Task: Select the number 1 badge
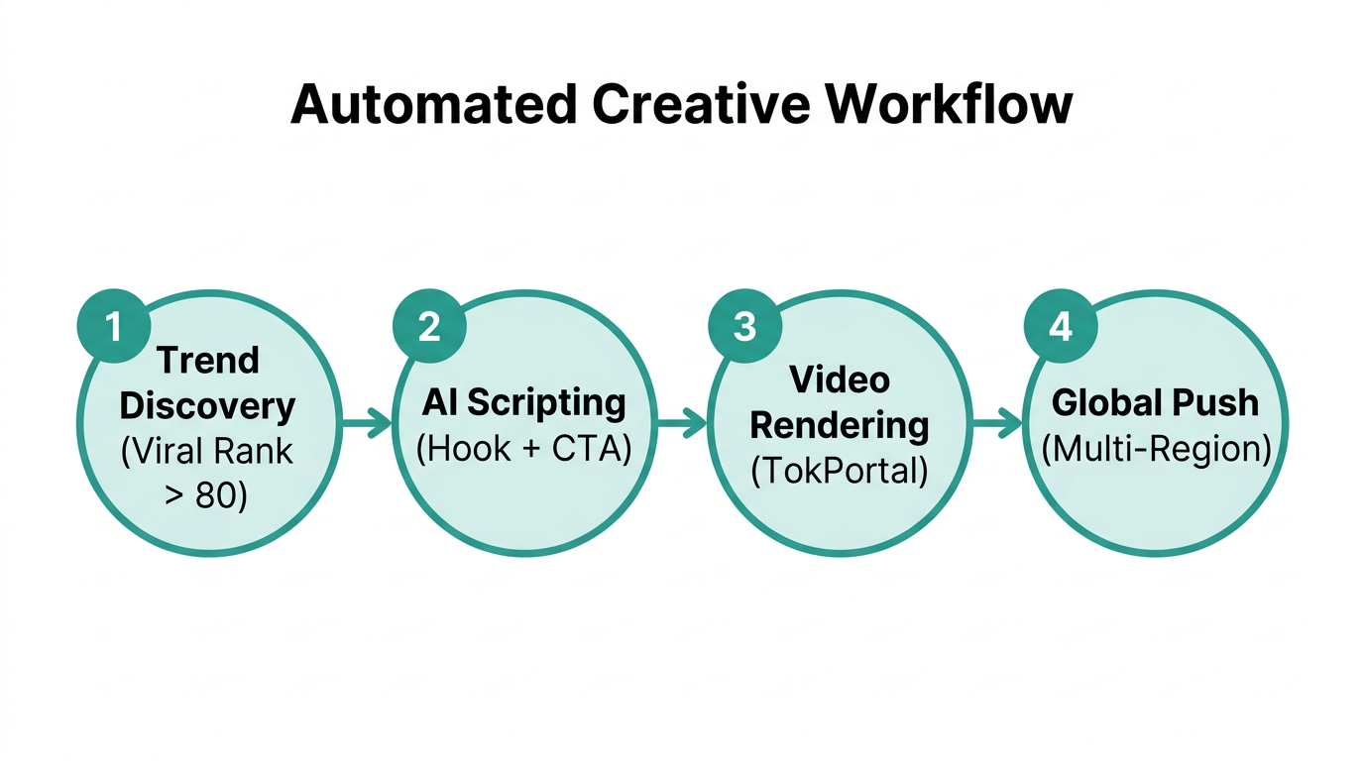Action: tap(113, 326)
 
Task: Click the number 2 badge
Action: tap(429, 326)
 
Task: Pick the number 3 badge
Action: tap(744, 326)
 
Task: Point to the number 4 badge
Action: tap(1060, 326)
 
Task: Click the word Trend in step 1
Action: tap(207, 361)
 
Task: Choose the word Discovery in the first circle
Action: tap(207, 406)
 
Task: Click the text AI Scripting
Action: tap(523, 403)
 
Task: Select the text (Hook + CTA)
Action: tap(523, 449)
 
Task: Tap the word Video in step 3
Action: tap(839, 380)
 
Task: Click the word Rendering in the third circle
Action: tap(839, 425)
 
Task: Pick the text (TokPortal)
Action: tap(839, 471)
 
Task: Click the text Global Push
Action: tap(1155, 403)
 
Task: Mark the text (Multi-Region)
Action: tap(1155, 449)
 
